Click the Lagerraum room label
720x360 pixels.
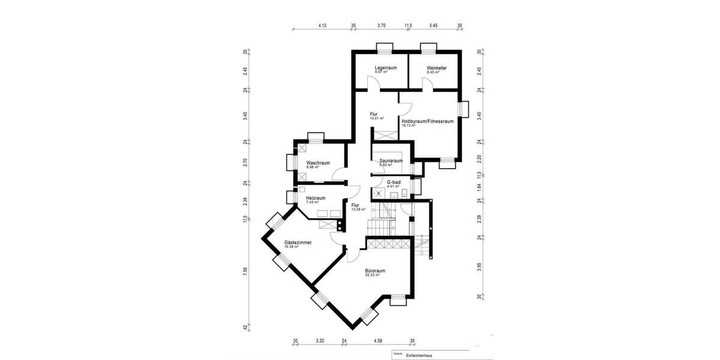click(x=386, y=68)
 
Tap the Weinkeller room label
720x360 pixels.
click(x=437, y=68)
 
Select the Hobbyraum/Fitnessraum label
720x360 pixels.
click(x=427, y=121)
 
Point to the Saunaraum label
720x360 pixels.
click(x=391, y=161)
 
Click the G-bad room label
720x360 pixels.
click(x=394, y=181)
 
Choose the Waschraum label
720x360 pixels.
click(x=318, y=163)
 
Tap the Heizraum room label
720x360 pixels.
click(x=316, y=198)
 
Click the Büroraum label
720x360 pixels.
click(x=375, y=271)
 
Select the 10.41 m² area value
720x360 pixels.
click(x=377, y=118)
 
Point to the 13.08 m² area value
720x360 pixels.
click(x=358, y=209)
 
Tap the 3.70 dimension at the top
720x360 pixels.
click(x=381, y=26)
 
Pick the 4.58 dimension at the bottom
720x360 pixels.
click(x=378, y=341)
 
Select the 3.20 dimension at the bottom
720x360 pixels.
click(x=320, y=341)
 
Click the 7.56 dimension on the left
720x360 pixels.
click(x=245, y=271)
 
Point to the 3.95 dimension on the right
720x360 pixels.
click(x=479, y=266)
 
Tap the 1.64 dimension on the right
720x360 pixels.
click(x=479, y=187)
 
